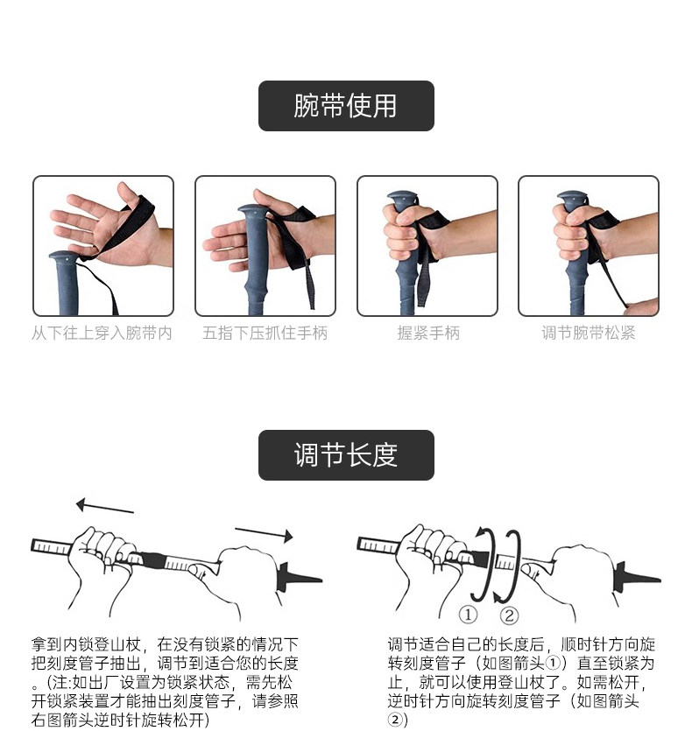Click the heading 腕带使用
[346, 105]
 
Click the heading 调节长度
[346, 455]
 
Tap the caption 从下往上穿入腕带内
[102, 334]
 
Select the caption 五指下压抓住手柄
[265, 334]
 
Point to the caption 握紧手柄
[428, 334]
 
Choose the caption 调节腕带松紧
[589, 334]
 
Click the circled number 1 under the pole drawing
[468, 615]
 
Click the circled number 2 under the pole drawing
[509, 615]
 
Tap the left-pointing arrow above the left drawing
[104, 507]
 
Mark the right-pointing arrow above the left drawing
[264, 534]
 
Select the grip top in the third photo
[402, 196]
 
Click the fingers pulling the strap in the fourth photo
[641, 307]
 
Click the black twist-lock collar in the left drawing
[152, 559]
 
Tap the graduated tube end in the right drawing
[505, 562]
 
